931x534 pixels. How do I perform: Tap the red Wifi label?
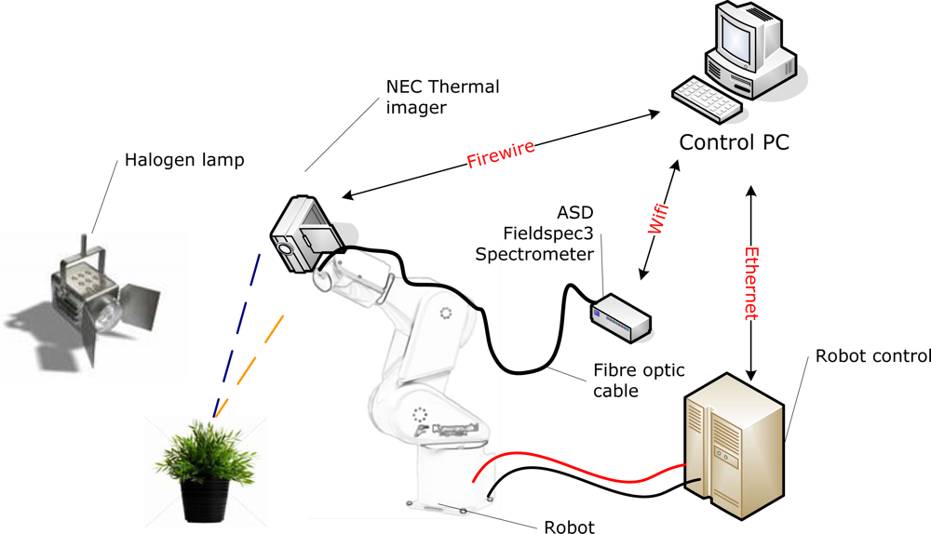pyautogui.click(x=658, y=213)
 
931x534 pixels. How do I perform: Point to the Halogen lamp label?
pyautogui.click(x=184, y=161)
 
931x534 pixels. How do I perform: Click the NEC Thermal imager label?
pyautogui.click(x=442, y=97)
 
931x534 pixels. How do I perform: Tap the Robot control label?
pyautogui.click(x=872, y=355)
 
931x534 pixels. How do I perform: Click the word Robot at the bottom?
pyautogui.click(x=568, y=527)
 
